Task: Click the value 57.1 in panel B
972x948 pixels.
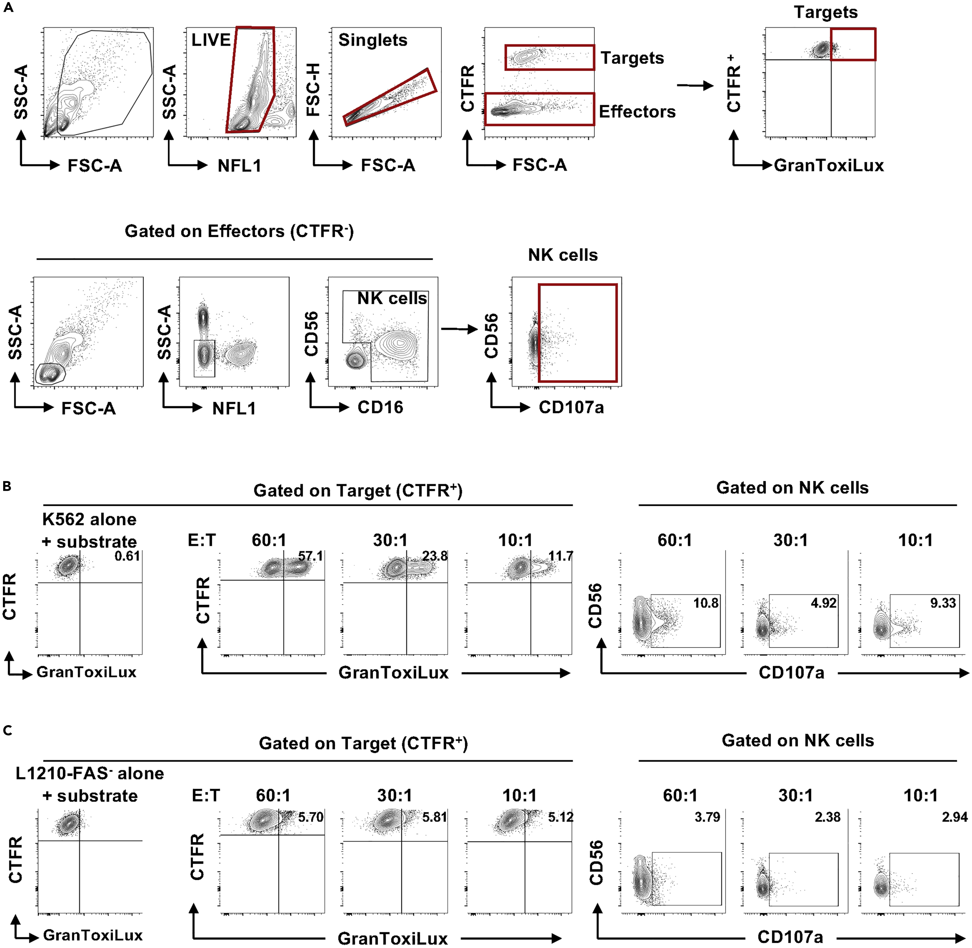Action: tap(310, 556)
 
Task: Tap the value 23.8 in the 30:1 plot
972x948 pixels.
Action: tap(435, 556)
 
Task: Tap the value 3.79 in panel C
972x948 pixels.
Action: tap(707, 817)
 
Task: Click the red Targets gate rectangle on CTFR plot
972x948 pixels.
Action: tap(549, 57)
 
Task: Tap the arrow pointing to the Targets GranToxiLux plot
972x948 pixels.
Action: tap(695, 86)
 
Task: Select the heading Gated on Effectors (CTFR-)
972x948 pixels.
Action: tap(239, 232)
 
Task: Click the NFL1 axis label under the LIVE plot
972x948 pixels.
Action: tap(239, 166)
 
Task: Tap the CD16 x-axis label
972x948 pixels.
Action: tap(380, 407)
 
